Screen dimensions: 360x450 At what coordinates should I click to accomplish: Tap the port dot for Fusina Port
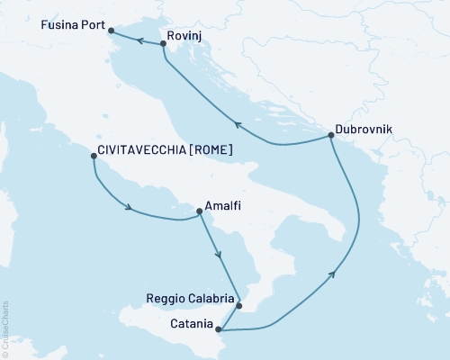pos(111,31)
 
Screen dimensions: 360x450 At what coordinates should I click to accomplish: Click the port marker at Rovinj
pos(162,43)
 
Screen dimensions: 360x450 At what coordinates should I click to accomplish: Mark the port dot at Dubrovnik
pos(331,136)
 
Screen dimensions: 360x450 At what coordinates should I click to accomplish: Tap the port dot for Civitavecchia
pos(94,156)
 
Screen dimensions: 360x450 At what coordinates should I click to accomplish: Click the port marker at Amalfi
pos(199,212)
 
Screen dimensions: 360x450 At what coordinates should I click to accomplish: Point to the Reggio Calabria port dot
pos(238,305)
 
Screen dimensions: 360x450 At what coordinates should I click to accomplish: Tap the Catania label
pos(191,322)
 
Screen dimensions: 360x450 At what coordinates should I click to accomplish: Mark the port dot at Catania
pos(220,329)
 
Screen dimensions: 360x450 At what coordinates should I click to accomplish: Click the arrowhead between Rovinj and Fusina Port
pos(140,40)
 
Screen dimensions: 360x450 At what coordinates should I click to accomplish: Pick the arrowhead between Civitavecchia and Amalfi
pos(131,209)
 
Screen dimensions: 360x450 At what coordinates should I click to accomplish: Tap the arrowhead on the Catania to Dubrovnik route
pos(335,274)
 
